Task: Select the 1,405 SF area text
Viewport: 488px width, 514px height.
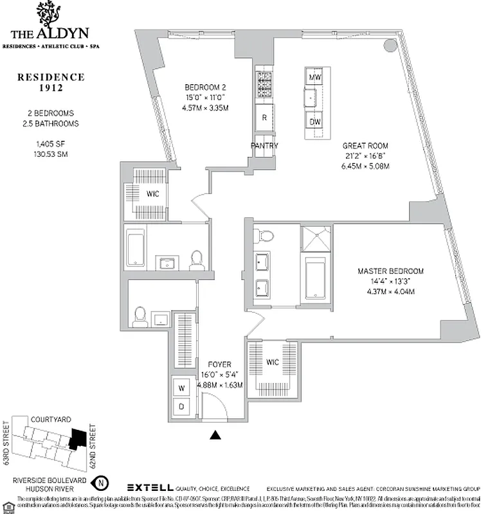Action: (50, 144)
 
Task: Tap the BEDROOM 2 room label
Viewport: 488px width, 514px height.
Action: (205, 87)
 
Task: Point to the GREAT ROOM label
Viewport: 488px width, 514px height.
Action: (365, 146)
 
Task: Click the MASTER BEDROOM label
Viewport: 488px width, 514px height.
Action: (390, 271)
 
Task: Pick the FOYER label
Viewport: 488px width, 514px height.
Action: (220, 364)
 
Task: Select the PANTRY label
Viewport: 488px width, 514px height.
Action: (264, 146)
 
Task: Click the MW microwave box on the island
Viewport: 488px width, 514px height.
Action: (314, 78)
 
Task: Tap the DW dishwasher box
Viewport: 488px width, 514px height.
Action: (314, 122)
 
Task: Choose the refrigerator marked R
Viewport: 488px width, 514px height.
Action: (264, 118)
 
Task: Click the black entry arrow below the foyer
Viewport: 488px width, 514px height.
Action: (215, 435)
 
